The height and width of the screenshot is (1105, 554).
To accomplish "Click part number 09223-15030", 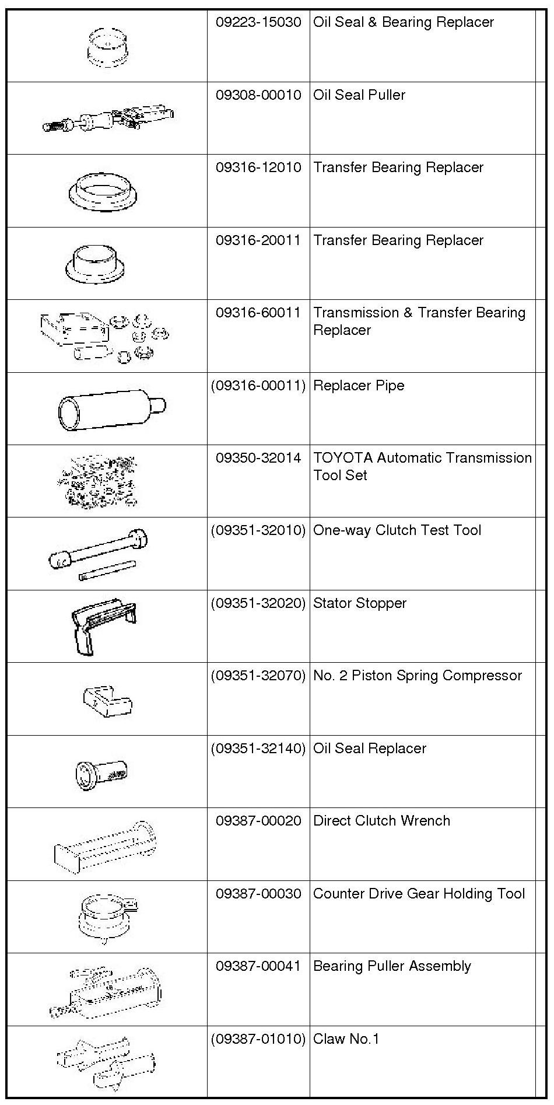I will (x=258, y=23).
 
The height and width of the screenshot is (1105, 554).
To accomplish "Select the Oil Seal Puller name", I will (x=359, y=95).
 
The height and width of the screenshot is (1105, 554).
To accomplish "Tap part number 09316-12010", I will (x=258, y=168).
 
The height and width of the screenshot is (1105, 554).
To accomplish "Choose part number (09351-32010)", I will (x=258, y=530).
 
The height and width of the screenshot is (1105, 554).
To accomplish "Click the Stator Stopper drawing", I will (x=104, y=624).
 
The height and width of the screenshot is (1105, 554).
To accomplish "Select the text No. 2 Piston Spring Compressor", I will (x=418, y=676).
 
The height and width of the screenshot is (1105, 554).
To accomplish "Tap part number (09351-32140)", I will (x=258, y=749).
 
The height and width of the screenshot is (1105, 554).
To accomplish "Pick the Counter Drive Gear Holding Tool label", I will (x=419, y=894).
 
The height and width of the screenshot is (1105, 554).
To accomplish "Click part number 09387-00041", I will (x=258, y=966).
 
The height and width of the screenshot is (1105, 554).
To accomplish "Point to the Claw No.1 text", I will (x=346, y=1039).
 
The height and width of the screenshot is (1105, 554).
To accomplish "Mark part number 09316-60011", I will (x=258, y=313).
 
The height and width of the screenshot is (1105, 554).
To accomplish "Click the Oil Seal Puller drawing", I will (x=108, y=118).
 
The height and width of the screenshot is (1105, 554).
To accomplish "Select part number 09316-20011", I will (x=258, y=240).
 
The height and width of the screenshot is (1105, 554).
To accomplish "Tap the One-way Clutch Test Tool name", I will (x=397, y=530).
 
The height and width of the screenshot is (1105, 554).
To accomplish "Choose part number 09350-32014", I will (x=258, y=458).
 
